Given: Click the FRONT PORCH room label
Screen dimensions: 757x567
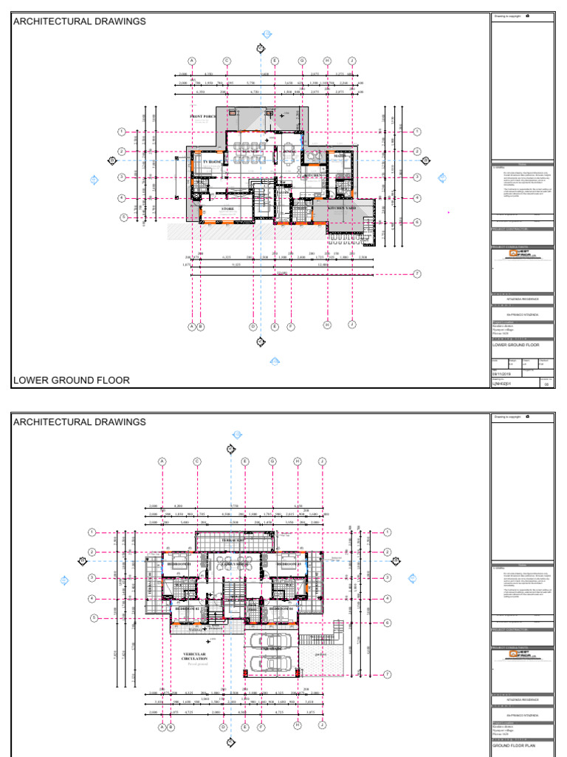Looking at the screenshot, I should coord(203,117).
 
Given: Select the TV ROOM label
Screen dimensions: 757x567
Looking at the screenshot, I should coord(212,161).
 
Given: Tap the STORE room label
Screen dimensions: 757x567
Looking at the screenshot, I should coord(227,209).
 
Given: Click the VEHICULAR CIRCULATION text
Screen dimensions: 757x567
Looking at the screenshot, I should coord(195,656).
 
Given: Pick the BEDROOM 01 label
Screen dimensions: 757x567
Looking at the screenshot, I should coord(179,564).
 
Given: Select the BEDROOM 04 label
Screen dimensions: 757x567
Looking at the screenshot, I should coord(283,608).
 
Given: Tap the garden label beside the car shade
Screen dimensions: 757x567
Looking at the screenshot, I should coord(320,653).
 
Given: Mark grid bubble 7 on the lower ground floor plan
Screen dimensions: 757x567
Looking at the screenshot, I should coord(417,274).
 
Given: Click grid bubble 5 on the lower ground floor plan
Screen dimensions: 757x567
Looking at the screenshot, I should coord(124,217).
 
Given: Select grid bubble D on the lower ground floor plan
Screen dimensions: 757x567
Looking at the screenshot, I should coord(253,326).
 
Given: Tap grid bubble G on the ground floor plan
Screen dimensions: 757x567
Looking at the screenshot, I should coord(272,461).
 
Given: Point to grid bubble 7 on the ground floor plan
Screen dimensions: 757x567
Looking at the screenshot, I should coord(388,674).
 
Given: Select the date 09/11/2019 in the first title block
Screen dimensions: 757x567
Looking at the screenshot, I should coord(501,374).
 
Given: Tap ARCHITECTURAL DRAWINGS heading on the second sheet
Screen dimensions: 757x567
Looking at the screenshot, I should coord(79,422).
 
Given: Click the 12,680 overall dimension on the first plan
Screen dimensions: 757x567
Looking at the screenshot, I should coord(279,272).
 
